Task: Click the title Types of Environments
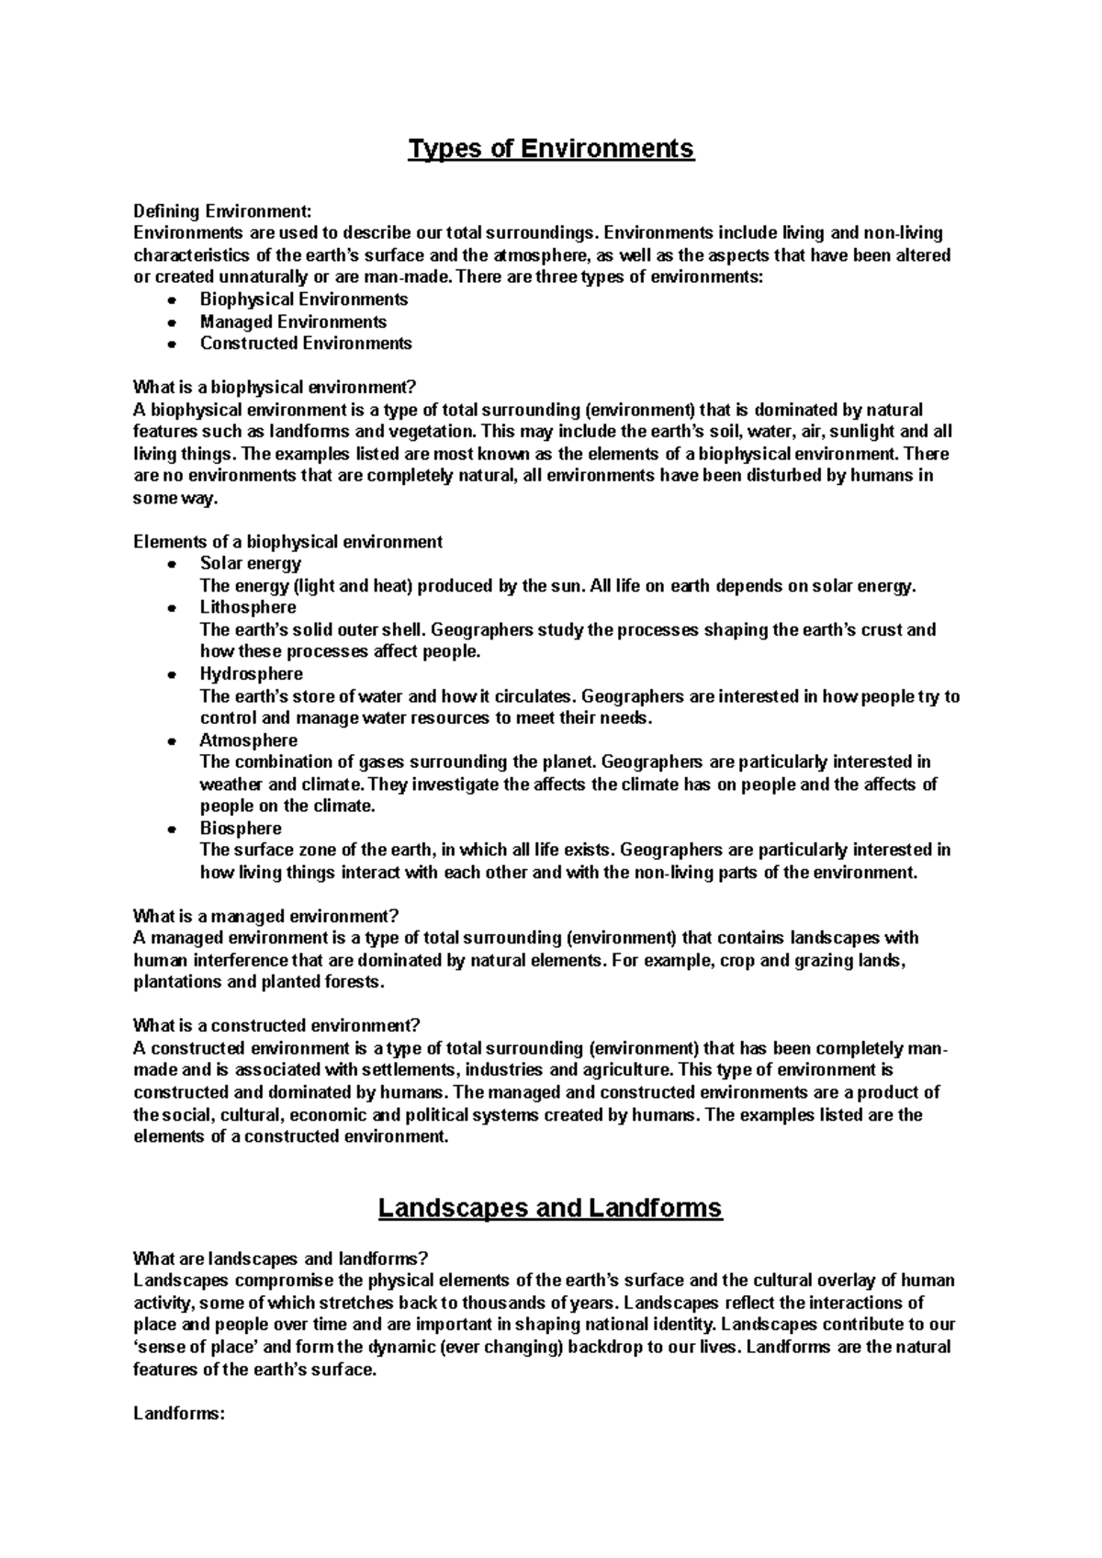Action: point(551,148)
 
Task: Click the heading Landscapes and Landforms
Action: point(550,1208)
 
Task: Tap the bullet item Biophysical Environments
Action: point(304,299)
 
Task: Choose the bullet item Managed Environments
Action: point(293,322)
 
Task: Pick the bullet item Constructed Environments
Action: point(306,344)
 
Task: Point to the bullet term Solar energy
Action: point(250,563)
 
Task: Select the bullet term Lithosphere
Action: point(248,607)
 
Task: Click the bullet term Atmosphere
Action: point(248,740)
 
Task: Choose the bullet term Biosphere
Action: point(241,829)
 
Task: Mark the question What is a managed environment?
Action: point(266,916)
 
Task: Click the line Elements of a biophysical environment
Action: point(287,542)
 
